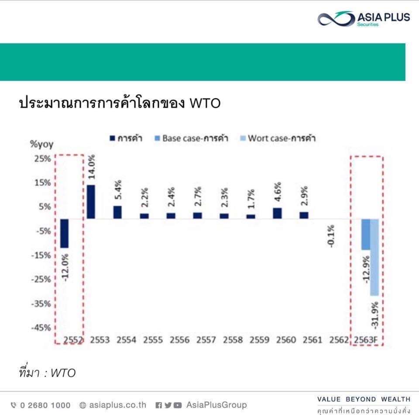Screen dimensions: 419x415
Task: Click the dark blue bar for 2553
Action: (91, 202)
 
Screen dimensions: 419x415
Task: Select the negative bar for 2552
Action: (65, 233)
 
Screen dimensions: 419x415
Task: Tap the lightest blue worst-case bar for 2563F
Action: (374, 257)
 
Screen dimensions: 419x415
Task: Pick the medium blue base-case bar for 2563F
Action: (366, 234)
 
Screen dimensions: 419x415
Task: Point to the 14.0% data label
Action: (92, 167)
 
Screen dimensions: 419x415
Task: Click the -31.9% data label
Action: (374, 315)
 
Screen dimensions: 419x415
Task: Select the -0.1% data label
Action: (331, 236)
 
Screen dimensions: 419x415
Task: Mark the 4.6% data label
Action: (278, 192)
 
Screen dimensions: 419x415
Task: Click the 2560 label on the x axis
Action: (286, 340)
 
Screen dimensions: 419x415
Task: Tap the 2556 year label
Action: (179, 340)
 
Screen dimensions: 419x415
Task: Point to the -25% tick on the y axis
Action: (41, 280)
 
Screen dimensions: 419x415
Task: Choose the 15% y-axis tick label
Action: (43, 183)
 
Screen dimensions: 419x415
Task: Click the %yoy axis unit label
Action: (42, 144)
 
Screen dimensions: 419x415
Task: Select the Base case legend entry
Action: (191, 138)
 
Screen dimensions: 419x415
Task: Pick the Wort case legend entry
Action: (278, 138)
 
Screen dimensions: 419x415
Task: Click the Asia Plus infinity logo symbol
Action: (336, 19)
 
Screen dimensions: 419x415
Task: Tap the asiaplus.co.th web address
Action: (113, 405)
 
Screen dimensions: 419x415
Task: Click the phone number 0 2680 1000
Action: (40, 405)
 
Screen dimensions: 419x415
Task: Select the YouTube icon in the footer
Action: (178, 405)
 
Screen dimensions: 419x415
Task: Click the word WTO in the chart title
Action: (205, 103)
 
